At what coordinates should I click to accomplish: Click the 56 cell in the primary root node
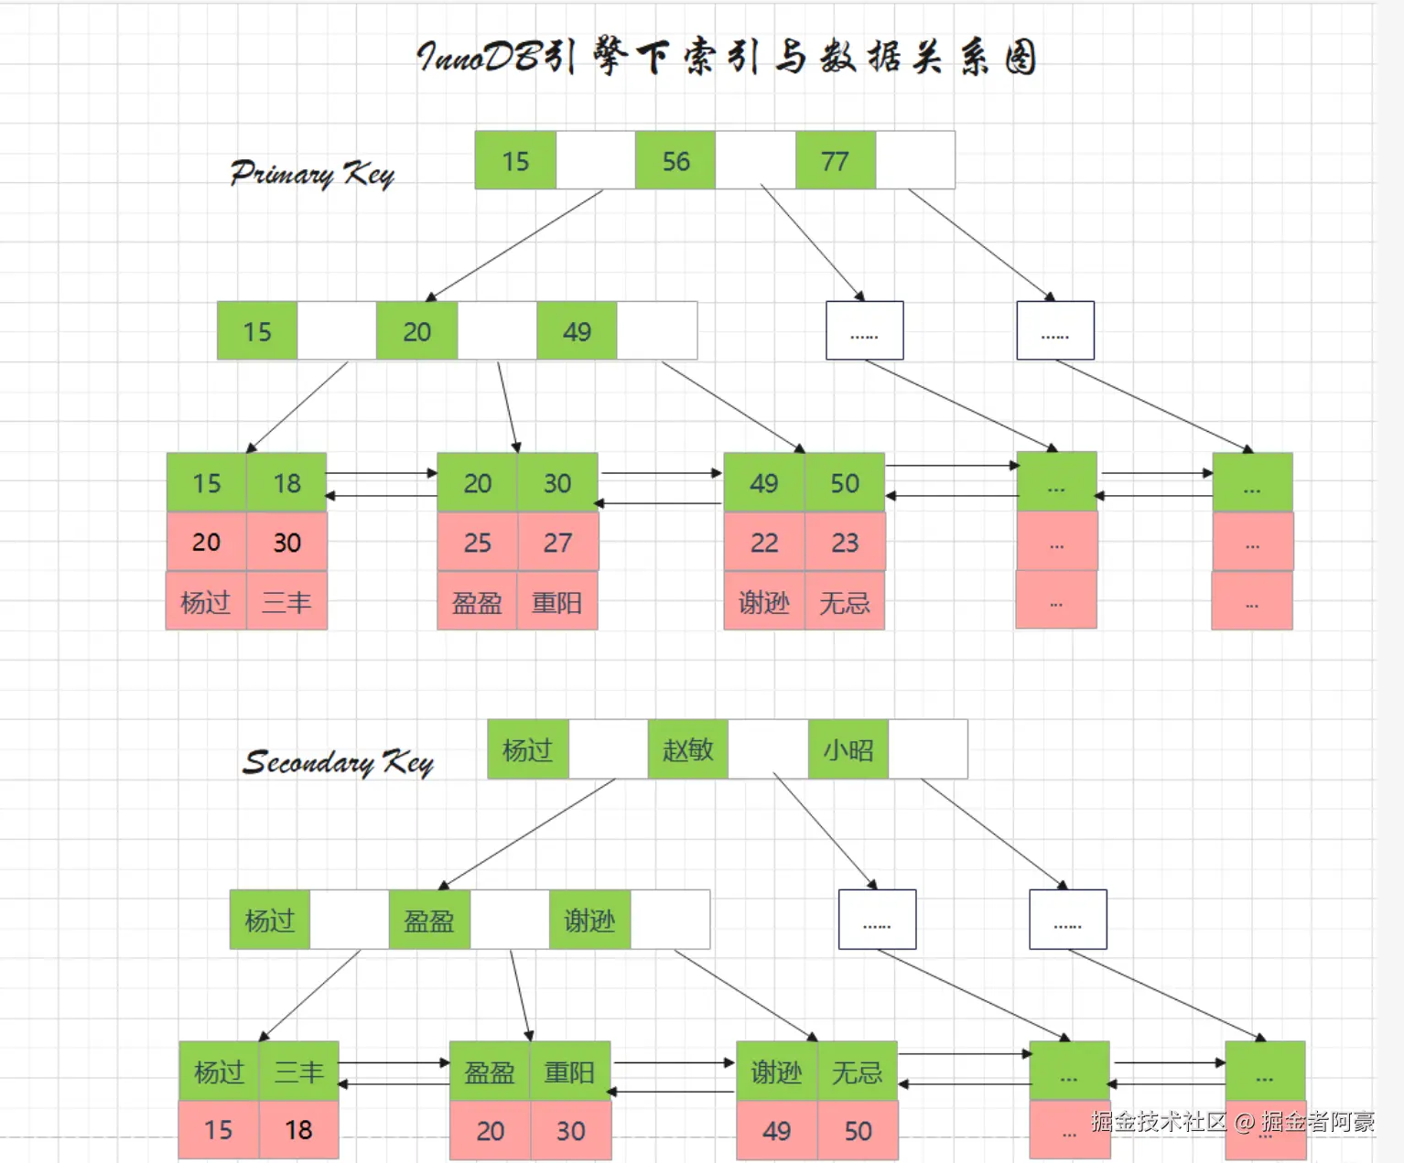(675, 160)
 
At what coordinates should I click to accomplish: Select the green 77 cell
(835, 160)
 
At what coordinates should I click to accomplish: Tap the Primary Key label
(312, 174)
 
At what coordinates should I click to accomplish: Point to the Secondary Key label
(338, 762)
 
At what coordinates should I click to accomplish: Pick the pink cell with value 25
(478, 542)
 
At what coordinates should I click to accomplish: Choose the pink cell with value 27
(557, 542)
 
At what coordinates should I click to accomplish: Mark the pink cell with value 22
(764, 542)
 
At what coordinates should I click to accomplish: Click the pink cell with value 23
(845, 542)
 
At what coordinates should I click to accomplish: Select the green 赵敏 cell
(688, 749)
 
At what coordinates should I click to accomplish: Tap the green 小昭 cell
(848, 749)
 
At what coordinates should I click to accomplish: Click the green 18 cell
(286, 483)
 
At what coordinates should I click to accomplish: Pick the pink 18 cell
(298, 1130)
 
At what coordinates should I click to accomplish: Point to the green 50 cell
(845, 483)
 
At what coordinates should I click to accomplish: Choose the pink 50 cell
(858, 1131)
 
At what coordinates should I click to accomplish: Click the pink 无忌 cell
(845, 601)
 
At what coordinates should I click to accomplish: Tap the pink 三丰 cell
(286, 601)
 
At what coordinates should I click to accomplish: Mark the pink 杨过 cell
(206, 601)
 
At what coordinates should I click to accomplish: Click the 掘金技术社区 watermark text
(1159, 1121)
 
